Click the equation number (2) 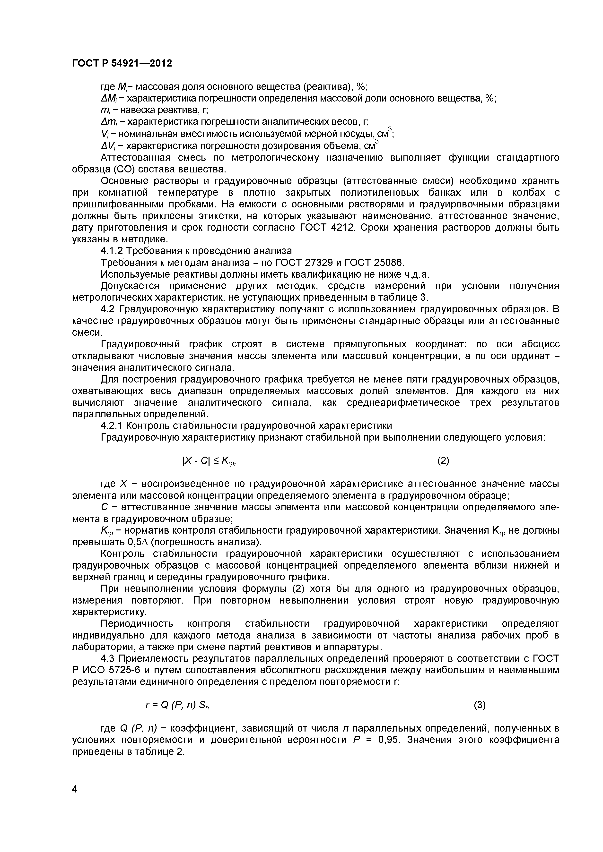coord(443,461)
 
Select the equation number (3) coord(480,705)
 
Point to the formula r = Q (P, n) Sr coord(177,705)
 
